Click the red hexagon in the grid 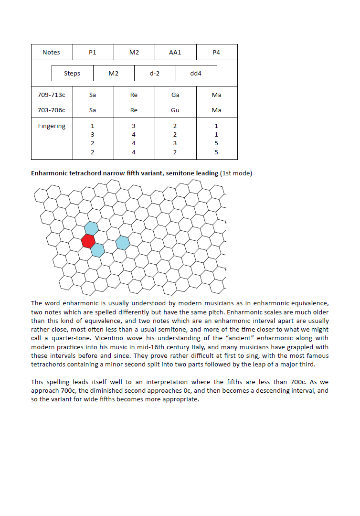pos(88,240)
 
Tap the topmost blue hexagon pos(91,228)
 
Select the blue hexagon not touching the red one pos(123,243)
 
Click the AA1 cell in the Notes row pos(175,52)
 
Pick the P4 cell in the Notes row pos(216,52)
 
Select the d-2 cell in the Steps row pos(155,73)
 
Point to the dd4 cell pos(196,73)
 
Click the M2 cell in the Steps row pos(114,73)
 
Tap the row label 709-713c pos(51,95)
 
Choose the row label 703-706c pos(51,110)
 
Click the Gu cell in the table pos(175,110)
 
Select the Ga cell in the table pos(175,95)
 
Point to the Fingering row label pos(52,126)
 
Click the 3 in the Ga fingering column pos(175,143)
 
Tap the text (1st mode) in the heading pos(236,173)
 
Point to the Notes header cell pos(51,52)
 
